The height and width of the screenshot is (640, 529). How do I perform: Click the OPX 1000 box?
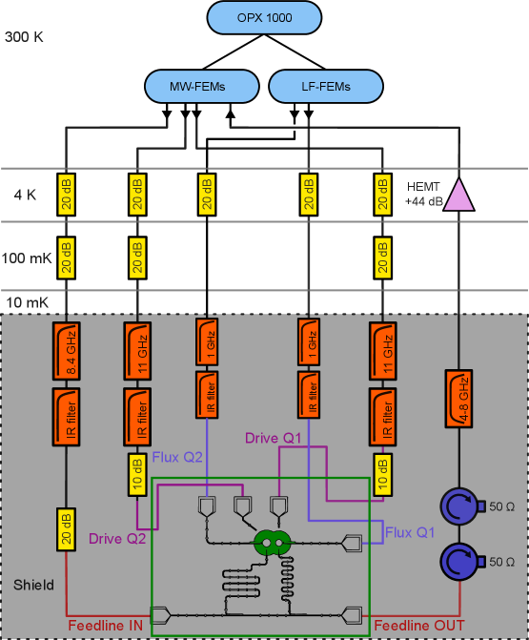click(x=264, y=19)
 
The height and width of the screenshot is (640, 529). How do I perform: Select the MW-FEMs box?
click(x=202, y=87)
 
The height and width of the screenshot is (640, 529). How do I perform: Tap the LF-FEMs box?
click(x=325, y=87)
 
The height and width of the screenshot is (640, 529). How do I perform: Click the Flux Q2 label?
click(x=178, y=457)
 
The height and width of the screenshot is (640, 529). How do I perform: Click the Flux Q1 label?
click(x=410, y=531)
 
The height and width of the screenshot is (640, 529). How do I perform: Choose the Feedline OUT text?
click(x=419, y=625)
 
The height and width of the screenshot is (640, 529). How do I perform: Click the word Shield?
click(x=33, y=584)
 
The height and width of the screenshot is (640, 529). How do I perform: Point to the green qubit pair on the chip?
click(x=271, y=544)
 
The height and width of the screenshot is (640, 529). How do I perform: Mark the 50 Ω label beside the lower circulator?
click(x=501, y=562)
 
